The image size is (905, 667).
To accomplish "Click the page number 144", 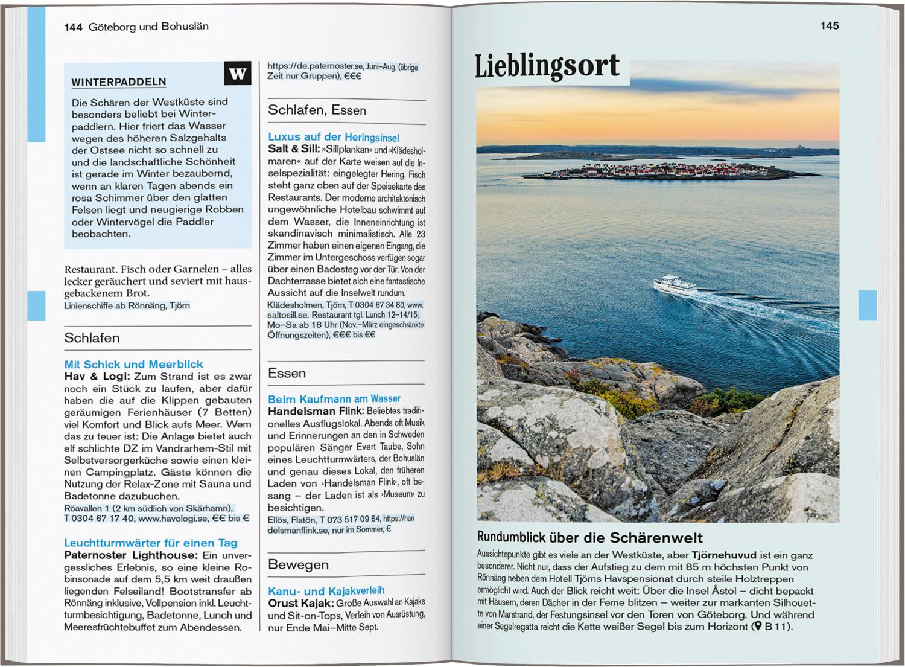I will pyautogui.click(x=73, y=27).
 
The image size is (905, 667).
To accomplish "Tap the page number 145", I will pyautogui.click(x=829, y=25).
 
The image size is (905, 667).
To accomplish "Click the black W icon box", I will pyautogui.click(x=238, y=74).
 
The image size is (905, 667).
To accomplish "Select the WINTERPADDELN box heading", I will pyautogui.click(x=119, y=82).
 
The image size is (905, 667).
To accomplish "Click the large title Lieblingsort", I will pyautogui.click(x=547, y=67).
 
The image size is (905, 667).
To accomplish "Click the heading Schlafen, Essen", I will pyautogui.click(x=317, y=110).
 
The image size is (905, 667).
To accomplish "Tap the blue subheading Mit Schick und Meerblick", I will pyautogui.click(x=133, y=364).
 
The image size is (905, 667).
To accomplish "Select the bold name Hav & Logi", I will pyautogui.click(x=96, y=376).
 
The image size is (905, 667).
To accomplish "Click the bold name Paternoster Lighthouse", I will pyautogui.click(x=130, y=555).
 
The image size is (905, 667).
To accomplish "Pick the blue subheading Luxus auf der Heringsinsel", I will pyautogui.click(x=333, y=137).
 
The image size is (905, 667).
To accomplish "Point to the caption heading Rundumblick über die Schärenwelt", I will pyautogui.click(x=589, y=537).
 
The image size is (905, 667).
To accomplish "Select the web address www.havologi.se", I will pyautogui.click(x=174, y=518).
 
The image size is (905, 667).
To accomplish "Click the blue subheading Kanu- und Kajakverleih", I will pyautogui.click(x=326, y=590).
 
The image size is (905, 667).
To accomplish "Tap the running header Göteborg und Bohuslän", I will pyautogui.click(x=148, y=27).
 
